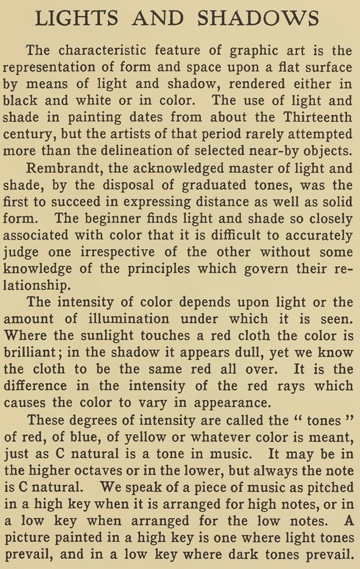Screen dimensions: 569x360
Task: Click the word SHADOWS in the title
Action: (x=258, y=19)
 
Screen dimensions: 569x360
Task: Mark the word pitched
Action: (x=329, y=487)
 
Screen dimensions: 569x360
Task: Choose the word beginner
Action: (x=118, y=218)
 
